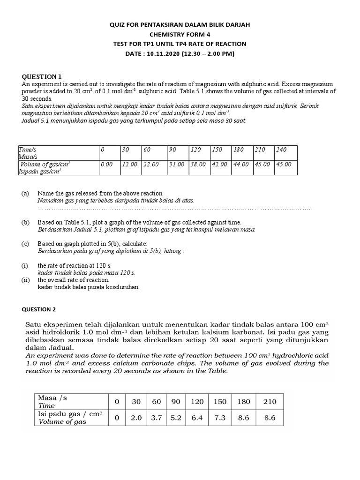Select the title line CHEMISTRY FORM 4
point(180,34)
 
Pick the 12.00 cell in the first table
point(129,165)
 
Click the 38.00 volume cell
point(197,165)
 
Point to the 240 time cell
point(281,150)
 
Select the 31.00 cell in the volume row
point(177,165)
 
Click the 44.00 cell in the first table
point(241,165)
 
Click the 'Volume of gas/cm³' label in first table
point(45,165)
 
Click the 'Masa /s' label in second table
point(52,398)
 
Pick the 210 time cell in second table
point(270,402)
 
